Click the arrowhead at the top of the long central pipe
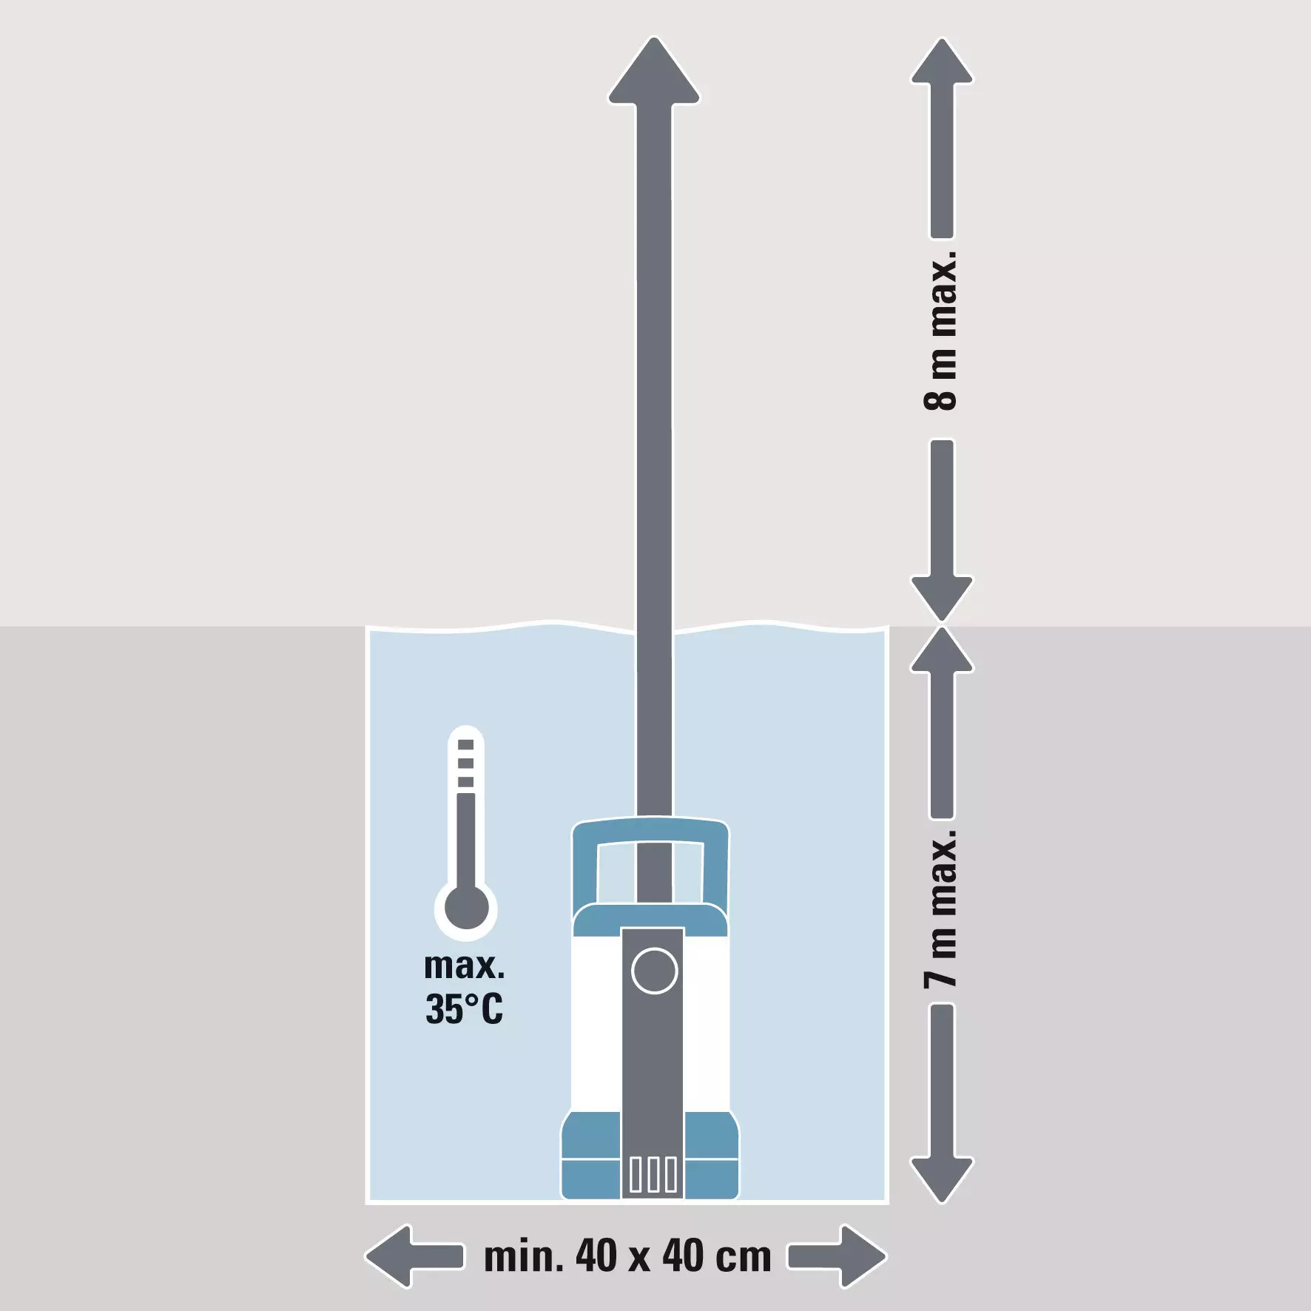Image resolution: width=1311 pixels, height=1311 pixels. tap(654, 70)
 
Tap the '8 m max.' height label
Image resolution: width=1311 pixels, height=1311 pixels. tap(941, 330)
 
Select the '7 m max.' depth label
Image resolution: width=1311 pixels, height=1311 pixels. tap(941, 909)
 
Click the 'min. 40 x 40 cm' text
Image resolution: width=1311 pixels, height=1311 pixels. tap(627, 1256)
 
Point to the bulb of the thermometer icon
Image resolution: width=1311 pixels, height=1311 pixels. tap(466, 908)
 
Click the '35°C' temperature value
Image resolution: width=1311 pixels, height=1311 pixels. tap(464, 1008)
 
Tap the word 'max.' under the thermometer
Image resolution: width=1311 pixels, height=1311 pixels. tap(464, 966)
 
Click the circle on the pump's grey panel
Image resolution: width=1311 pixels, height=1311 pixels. tap(655, 970)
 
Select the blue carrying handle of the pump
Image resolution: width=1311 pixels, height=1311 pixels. tap(650, 858)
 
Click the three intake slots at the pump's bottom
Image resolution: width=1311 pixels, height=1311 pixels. tap(653, 1174)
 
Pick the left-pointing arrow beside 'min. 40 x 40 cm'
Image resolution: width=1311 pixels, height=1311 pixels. tap(414, 1256)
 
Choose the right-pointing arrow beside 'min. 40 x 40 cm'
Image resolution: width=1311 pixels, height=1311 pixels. tap(837, 1256)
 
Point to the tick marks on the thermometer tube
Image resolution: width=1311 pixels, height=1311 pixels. tap(465, 763)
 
